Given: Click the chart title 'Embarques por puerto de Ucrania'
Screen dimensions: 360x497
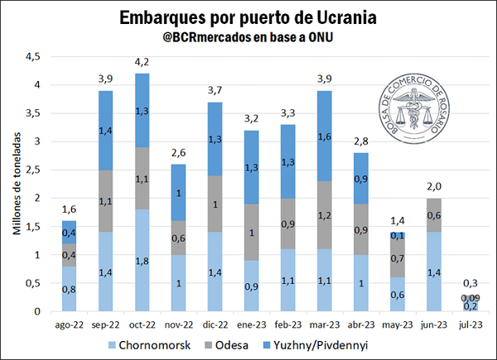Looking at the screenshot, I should click(x=248, y=17).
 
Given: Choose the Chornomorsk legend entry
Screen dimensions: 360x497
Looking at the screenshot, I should click(x=154, y=343).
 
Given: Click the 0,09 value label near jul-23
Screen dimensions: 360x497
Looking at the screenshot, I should click(x=470, y=298).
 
